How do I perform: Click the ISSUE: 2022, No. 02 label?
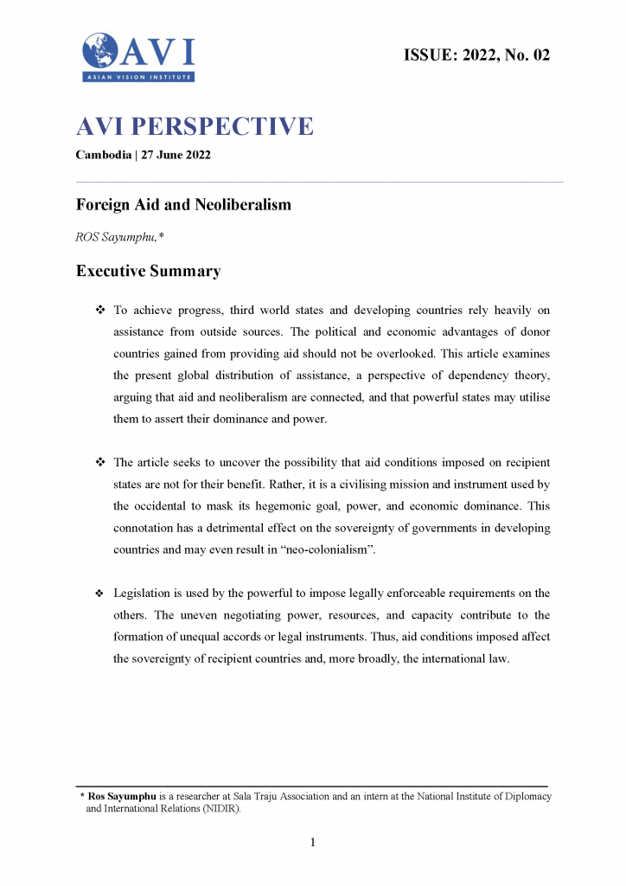tap(476, 55)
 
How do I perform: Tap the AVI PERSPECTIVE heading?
tap(195, 127)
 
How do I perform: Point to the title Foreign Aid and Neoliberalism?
tap(183, 205)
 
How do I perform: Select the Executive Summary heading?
tap(148, 271)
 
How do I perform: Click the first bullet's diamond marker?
tap(99, 310)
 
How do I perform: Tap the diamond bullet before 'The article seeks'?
tap(99, 462)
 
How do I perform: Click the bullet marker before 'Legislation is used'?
tap(99, 594)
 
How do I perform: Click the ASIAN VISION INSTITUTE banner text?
tap(138, 77)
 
